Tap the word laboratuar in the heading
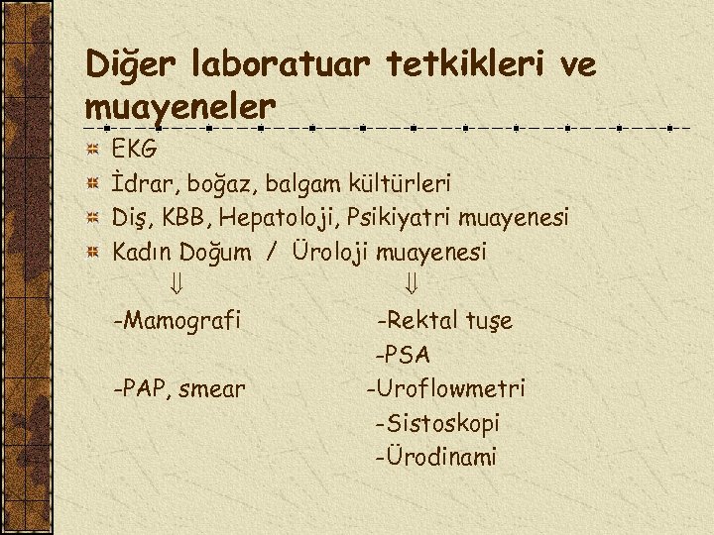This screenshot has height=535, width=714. click(296, 65)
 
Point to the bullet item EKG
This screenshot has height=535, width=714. click(134, 151)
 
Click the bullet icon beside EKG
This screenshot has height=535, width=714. click(91, 151)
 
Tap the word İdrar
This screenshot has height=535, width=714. click(137, 184)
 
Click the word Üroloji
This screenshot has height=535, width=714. click(329, 252)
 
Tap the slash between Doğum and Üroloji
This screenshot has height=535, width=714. click(270, 253)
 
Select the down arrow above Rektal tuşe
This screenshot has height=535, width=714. click(412, 285)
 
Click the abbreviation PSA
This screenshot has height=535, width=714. click(407, 355)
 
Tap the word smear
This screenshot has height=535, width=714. click(212, 389)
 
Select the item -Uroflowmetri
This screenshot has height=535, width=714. click(445, 388)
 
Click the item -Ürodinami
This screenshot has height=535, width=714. click(436, 457)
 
